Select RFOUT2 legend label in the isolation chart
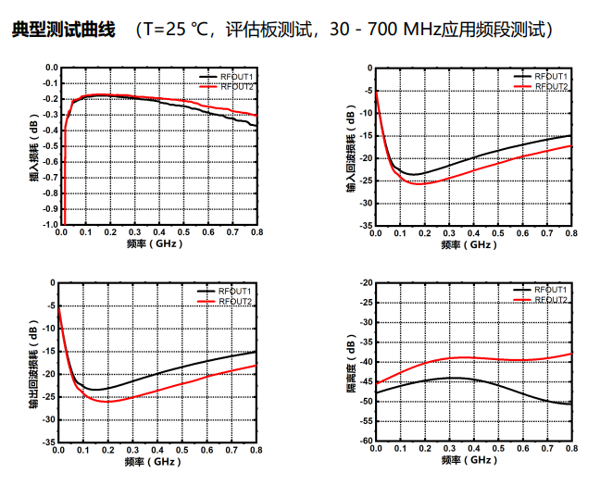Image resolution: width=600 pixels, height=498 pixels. (x=552, y=300)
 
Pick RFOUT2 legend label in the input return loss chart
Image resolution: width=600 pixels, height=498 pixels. (x=552, y=86)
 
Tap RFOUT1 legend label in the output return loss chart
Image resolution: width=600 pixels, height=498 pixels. (x=236, y=291)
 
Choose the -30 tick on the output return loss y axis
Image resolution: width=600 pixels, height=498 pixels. (x=47, y=418)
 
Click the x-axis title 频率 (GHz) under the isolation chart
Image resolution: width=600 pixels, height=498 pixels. (x=471, y=460)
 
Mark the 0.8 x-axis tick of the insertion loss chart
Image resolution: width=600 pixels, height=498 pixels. (x=256, y=234)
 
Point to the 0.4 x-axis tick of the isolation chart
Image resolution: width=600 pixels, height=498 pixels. (x=474, y=449)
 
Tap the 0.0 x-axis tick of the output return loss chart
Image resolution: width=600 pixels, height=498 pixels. (x=59, y=449)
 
